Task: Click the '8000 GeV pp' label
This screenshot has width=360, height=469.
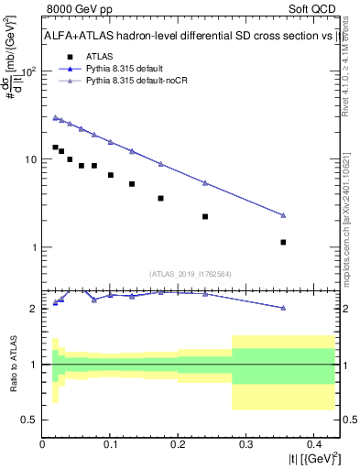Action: click(x=75, y=10)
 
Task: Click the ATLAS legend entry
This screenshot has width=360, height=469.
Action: click(x=112, y=55)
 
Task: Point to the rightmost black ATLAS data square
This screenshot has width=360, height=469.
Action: click(x=283, y=242)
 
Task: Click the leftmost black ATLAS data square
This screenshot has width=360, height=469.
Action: click(x=56, y=147)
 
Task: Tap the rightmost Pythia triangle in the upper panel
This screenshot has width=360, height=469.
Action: click(x=283, y=215)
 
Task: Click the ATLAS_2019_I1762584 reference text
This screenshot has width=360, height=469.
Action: click(x=191, y=273)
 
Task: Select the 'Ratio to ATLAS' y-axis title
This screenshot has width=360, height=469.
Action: click(x=13, y=364)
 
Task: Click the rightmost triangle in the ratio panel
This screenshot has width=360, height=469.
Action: click(x=283, y=308)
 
